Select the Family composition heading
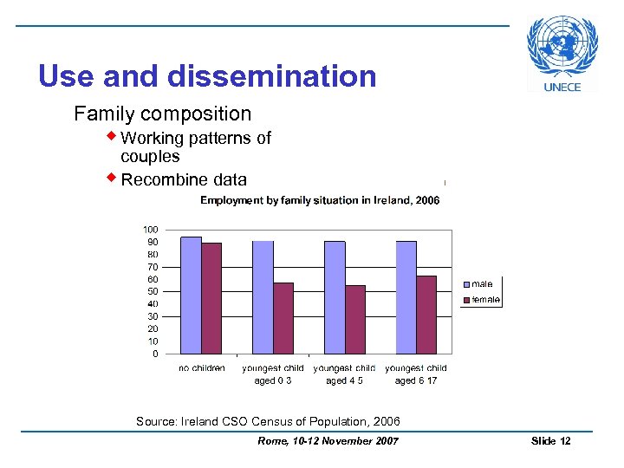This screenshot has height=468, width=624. (162, 114)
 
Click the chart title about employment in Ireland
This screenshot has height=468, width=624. (320, 200)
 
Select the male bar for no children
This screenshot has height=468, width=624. (190, 295)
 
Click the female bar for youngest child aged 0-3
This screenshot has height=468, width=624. (283, 318)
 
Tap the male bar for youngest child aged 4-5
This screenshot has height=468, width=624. (335, 296)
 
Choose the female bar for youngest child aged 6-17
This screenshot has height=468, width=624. (426, 315)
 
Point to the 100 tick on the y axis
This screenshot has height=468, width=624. (151, 230)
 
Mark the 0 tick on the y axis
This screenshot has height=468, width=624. (155, 354)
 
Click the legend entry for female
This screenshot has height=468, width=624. (484, 300)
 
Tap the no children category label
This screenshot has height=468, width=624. (202, 368)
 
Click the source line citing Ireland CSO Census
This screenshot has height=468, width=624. (268, 422)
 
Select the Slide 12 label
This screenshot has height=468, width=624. (550, 441)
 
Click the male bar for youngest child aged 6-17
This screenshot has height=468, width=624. (406, 296)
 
